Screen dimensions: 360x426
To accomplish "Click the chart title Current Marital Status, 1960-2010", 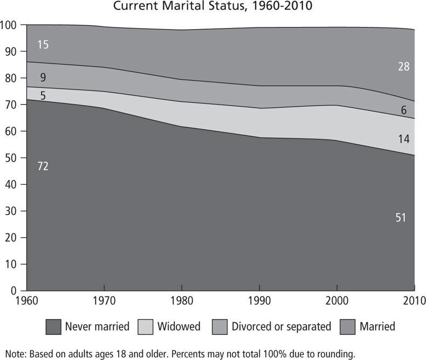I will coord(212,7).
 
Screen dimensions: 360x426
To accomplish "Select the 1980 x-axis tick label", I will coord(182,300).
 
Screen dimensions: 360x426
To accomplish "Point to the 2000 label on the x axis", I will coord(336,300).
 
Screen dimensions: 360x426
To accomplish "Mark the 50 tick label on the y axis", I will coord(12,158).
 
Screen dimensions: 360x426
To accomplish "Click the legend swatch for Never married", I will coord(53,326).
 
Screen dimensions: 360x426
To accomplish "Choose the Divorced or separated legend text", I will coord(281,326).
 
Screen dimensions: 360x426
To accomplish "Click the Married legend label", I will coord(377,326).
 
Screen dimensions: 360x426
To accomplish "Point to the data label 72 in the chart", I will coord(43,167).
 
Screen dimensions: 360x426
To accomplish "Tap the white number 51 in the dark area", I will coord(400,218).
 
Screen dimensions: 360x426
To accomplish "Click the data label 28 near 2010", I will coord(404,67).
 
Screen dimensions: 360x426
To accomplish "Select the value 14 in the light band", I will coord(404,139).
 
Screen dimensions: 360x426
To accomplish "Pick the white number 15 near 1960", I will coord(43,45).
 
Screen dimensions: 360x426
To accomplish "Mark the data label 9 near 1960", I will coord(43,78).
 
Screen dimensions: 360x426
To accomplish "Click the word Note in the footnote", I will coord(10,354).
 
